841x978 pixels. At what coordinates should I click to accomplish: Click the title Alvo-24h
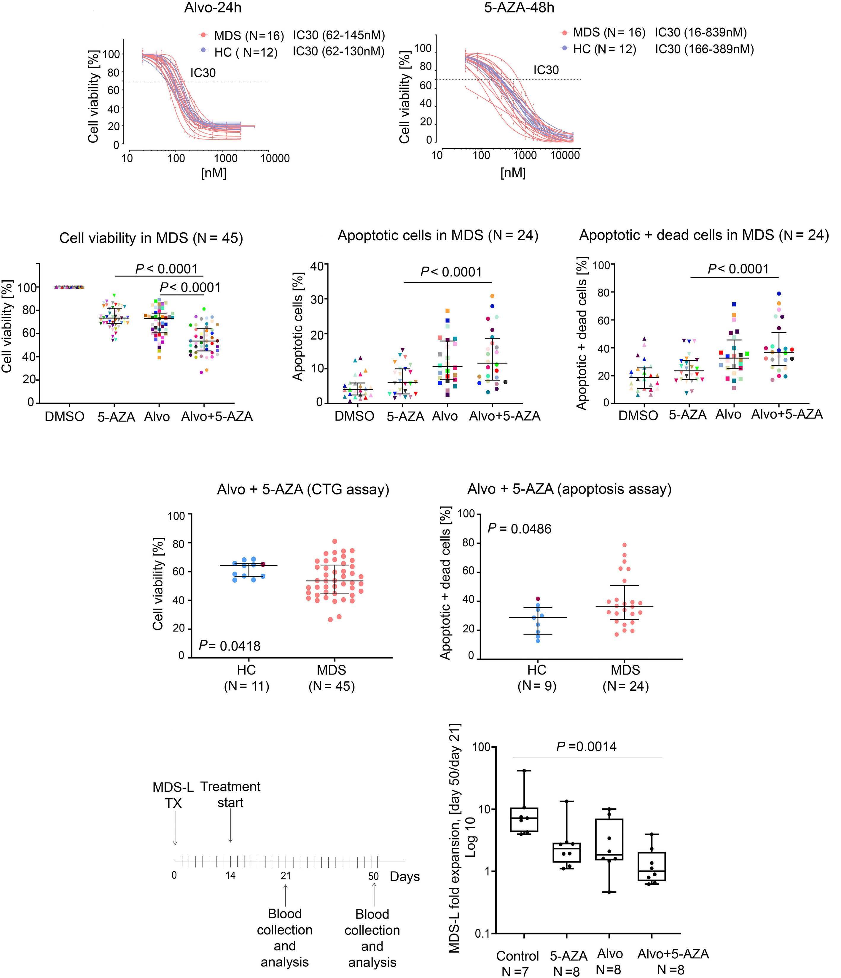(x=213, y=8)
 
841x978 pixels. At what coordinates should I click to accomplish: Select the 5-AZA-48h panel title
(x=519, y=8)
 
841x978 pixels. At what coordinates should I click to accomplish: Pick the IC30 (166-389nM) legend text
(x=704, y=49)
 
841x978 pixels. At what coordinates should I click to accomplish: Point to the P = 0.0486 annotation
(x=519, y=529)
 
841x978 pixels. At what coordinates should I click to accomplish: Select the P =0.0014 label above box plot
(x=586, y=747)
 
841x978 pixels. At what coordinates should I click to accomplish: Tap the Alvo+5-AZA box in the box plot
(x=652, y=866)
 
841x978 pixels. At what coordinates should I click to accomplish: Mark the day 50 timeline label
(x=373, y=876)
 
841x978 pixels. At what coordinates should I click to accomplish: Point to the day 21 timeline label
(x=286, y=876)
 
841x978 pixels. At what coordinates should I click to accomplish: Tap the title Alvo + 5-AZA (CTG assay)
(x=303, y=489)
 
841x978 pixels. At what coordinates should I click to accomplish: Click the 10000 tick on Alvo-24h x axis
(x=275, y=159)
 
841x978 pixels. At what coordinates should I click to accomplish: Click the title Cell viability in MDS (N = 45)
(x=151, y=238)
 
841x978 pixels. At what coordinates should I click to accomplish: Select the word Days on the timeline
(x=404, y=877)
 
